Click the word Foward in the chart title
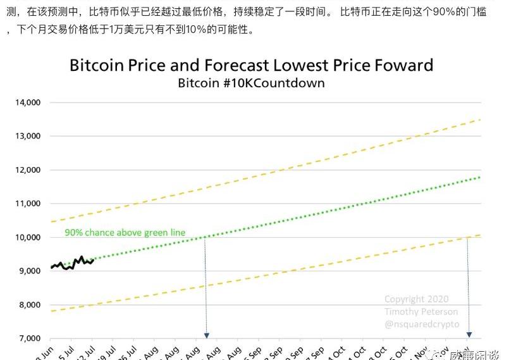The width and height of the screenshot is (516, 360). click(x=403, y=65)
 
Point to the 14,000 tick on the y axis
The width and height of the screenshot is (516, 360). click(x=27, y=102)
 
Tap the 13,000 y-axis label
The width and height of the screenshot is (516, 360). click(x=27, y=136)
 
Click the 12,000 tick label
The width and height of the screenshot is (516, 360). click(x=27, y=170)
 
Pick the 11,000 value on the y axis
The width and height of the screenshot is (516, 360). click(x=27, y=204)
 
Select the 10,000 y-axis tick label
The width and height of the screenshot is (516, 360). click(x=27, y=238)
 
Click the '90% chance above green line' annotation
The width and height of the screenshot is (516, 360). click(x=125, y=233)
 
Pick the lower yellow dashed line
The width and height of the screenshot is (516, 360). click(x=285, y=273)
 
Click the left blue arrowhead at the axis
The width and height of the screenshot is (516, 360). click(x=206, y=335)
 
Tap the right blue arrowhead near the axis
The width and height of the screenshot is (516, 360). click(x=469, y=334)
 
